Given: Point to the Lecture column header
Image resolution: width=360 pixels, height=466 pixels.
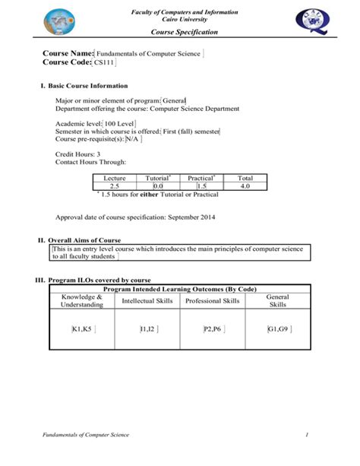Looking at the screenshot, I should (115, 177).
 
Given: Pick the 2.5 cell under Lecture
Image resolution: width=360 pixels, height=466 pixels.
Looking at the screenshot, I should (115, 185).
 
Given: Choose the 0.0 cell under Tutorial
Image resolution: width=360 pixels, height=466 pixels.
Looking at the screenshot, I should (158, 185).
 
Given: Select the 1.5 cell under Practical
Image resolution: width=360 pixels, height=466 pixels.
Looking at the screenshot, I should (201, 185).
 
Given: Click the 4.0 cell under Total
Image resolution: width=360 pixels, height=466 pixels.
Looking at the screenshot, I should (245, 185).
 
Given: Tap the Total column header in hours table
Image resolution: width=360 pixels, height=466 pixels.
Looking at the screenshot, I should (245, 177).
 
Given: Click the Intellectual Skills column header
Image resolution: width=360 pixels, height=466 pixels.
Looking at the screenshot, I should (147, 301).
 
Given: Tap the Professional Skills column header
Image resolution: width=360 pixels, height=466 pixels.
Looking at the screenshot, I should (212, 301).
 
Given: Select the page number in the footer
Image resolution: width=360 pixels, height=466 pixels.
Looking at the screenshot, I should (306, 434).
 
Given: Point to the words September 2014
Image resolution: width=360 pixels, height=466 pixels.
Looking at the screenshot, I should (190, 218).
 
